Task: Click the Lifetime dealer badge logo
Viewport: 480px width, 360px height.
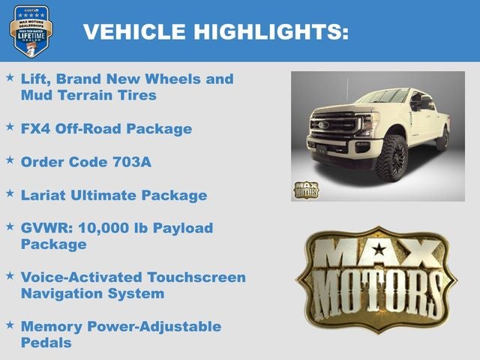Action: click(31, 31)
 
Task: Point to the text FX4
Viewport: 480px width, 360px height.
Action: click(36, 128)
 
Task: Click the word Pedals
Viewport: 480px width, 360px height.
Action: click(46, 343)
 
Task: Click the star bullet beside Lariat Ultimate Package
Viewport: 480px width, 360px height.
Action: click(10, 193)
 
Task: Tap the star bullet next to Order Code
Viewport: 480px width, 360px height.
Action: click(10, 160)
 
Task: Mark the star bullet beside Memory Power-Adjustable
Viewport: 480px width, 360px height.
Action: click(10, 325)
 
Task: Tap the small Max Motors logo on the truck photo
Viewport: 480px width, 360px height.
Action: click(306, 189)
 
